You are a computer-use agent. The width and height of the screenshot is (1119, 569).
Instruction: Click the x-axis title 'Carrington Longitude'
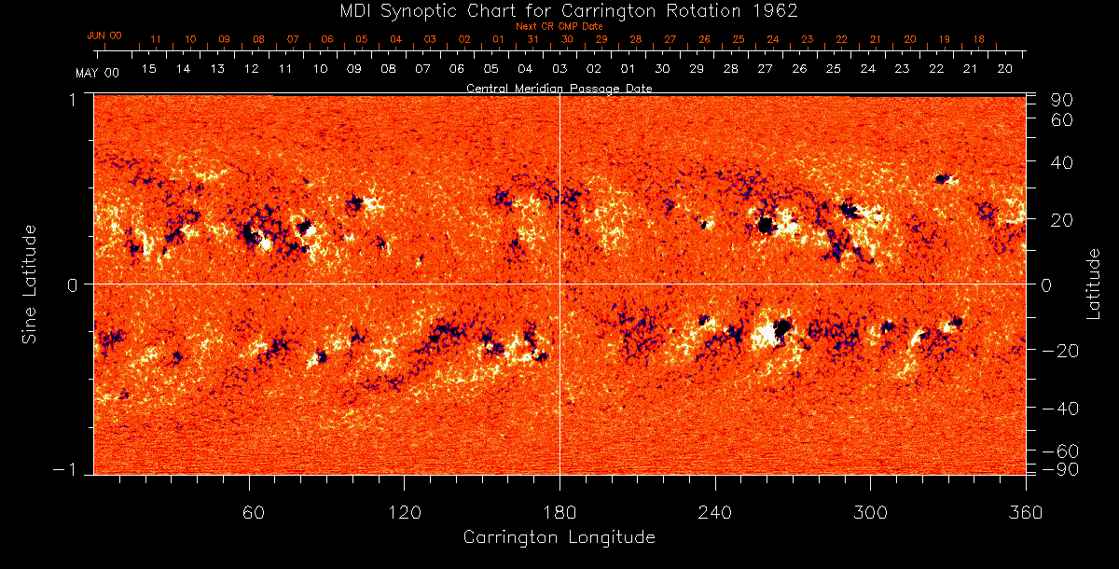[559, 537]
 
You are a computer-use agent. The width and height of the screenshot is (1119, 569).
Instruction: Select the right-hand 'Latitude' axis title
[1094, 284]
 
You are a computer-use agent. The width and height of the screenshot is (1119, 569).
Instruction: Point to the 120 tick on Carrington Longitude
[405, 512]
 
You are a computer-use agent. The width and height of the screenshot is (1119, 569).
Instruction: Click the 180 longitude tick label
[559, 512]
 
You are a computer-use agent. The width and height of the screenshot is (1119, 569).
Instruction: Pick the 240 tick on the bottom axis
[714, 512]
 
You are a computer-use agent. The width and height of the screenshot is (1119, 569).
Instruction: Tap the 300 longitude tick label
[869, 512]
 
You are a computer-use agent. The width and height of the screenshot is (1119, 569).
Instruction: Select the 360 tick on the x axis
[1024, 512]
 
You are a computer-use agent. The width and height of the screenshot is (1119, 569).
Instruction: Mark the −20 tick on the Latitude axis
[1059, 351]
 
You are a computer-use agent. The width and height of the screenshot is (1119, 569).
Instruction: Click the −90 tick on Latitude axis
[1059, 468]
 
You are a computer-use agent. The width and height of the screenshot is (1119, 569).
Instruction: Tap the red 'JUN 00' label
[104, 35]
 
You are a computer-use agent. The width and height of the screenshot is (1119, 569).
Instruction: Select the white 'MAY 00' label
[97, 72]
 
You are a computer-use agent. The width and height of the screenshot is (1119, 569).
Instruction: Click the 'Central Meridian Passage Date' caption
[559, 88]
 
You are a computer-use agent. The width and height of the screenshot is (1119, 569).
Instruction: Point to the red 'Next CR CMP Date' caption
[559, 26]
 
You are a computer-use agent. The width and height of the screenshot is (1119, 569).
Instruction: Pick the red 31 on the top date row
[532, 40]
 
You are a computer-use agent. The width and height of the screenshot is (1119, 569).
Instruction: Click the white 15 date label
[148, 69]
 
